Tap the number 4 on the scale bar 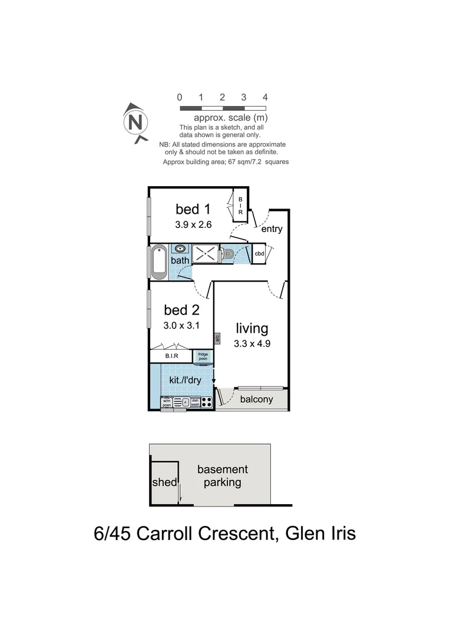[x=265, y=97]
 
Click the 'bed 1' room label [x=193, y=209]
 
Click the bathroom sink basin [x=180, y=249]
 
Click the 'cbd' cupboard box [x=259, y=254]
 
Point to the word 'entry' [x=272, y=229]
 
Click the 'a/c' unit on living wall [x=217, y=338]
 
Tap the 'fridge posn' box [x=203, y=356]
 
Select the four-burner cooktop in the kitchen [x=206, y=403]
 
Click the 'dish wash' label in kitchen [x=195, y=403]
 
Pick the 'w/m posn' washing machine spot [x=166, y=403]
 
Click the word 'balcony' [x=256, y=399]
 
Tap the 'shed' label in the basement [x=164, y=482]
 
